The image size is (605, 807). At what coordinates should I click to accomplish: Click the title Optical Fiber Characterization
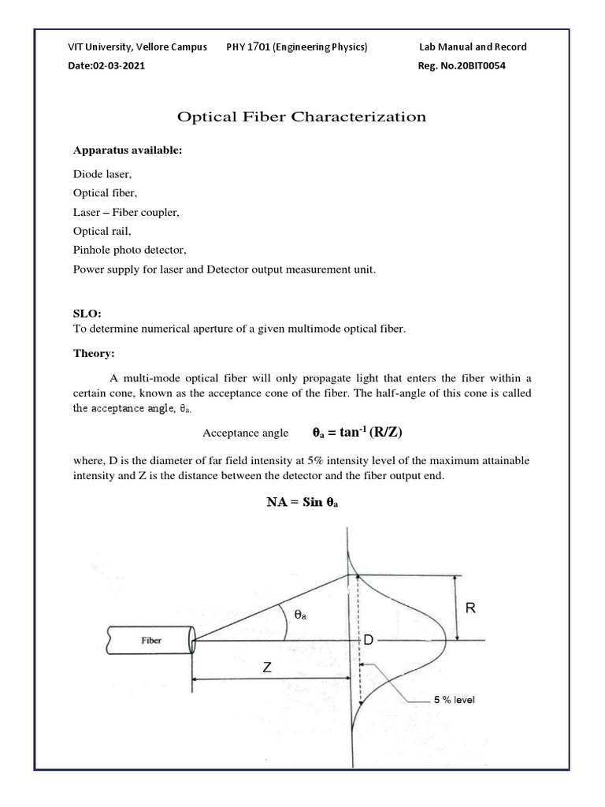[x=302, y=117]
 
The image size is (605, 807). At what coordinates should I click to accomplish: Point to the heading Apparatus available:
[x=128, y=150]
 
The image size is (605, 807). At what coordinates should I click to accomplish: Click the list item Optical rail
[x=102, y=232]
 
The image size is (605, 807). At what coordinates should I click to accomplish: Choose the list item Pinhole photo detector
[x=129, y=251]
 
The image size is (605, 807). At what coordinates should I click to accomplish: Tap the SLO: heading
[x=88, y=314]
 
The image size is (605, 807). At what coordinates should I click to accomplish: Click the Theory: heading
[x=95, y=354]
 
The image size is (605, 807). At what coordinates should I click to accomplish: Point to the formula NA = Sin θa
[x=302, y=502]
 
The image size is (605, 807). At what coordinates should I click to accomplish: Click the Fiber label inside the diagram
[x=151, y=641]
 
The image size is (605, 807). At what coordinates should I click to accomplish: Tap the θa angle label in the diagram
[x=301, y=617]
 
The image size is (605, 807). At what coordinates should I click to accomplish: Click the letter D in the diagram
[x=367, y=642]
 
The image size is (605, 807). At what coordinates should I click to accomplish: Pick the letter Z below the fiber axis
[x=267, y=668]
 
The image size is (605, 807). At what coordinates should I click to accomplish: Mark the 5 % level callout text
[x=455, y=699]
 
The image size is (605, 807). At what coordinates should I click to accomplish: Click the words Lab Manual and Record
[x=473, y=46]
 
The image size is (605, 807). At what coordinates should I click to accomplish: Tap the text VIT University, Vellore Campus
[x=138, y=46]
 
